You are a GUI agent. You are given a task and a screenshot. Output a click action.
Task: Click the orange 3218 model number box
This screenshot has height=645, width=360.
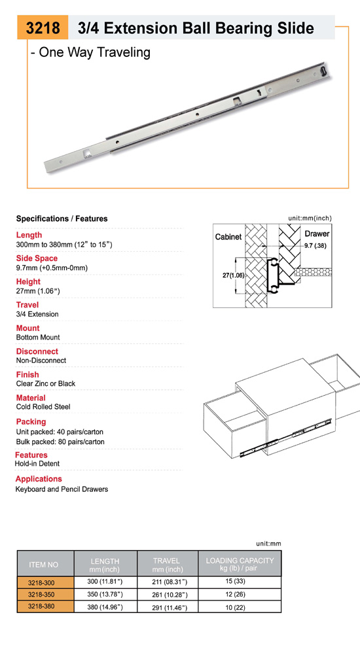point(43,27)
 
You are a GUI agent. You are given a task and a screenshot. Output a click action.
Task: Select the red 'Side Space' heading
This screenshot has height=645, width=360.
point(37,258)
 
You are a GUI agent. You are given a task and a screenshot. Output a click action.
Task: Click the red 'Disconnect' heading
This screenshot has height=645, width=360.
point(37,351)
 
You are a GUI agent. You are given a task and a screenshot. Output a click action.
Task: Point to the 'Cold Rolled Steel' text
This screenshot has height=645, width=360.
point(43,406)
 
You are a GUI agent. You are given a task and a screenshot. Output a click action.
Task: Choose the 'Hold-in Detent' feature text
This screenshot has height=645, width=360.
point(37,463)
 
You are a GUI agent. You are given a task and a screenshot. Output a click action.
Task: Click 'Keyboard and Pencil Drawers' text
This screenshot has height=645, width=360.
point(62,489)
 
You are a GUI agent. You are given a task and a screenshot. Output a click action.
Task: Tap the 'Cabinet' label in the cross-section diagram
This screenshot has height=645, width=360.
point(228,237)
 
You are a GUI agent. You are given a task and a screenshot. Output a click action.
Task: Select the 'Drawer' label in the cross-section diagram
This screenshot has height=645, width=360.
point(317,234)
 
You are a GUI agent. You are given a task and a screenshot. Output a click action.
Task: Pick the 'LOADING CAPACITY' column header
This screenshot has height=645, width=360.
point(240,560)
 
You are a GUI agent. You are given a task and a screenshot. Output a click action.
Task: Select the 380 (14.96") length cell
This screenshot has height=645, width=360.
point(105,607)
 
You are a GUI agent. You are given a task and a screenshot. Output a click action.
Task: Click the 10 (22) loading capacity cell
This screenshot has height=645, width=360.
point(240,607)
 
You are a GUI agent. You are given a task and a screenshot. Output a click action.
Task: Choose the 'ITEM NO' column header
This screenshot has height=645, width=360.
point(44,565)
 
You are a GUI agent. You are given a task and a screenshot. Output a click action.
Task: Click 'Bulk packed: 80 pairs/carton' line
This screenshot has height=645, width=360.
point(60,442)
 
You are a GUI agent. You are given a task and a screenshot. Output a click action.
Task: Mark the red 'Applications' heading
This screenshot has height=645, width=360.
point(39,479)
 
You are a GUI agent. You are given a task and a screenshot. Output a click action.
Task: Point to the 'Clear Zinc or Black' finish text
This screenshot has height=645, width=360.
point(46,383)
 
